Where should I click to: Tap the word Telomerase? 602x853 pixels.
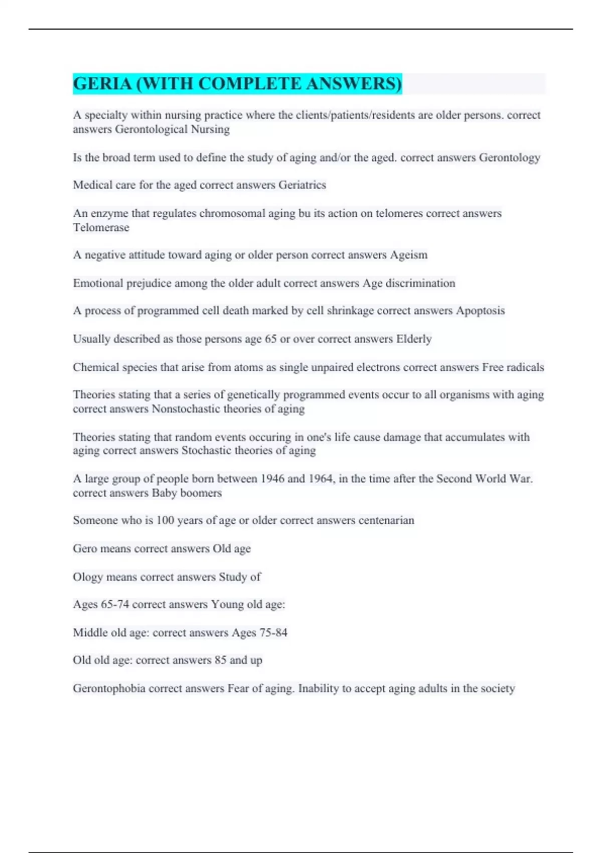(101, 227)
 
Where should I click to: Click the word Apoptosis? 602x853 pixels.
(480, 311)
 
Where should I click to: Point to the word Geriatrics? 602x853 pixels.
(302, 185)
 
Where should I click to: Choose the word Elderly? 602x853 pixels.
(414, 339)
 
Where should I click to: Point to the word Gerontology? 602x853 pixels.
(509, 158)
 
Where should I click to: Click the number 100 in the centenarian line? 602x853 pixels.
(165, 520)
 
